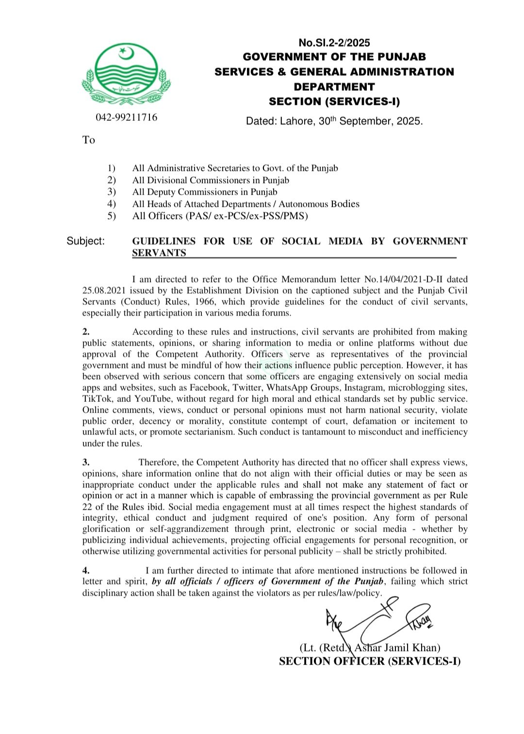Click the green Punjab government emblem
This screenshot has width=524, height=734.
coord(126,74)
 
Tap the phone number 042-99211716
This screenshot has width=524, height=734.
coord(126,117)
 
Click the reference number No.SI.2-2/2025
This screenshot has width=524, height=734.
coord(334,43)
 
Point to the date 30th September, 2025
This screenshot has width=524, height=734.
coord(370,121)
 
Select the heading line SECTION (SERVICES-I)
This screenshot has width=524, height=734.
coord(334,101)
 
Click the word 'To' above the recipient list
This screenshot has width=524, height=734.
coord(88,140)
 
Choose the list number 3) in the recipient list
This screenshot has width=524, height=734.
coord(112,192)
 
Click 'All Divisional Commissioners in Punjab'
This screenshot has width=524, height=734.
coord(211,180)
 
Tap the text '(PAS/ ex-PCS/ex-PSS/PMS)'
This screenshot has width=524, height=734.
coord(246,216)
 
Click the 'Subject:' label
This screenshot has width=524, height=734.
coord(85,241)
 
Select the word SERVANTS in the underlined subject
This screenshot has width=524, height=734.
coord(159,253)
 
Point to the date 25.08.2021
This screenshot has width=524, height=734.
coord(104,291)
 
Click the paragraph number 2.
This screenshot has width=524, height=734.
coord(86,332)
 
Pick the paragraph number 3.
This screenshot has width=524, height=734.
coord(86,463)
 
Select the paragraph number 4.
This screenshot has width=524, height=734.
coord(86,571)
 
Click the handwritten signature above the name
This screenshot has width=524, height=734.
coord(378,621)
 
